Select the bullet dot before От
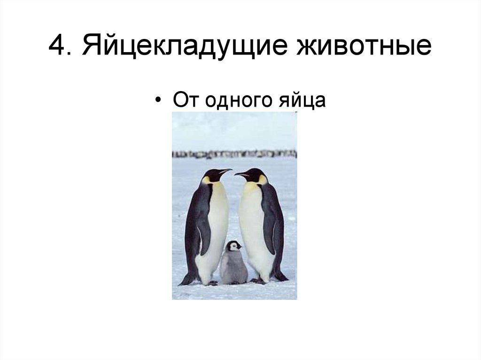click(x=161, y=101)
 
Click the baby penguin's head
click(x=233, y=245)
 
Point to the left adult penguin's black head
click(x=212, y=175)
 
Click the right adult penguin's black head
click(x=256, y=175)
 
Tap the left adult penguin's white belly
click(x=217, y=225)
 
